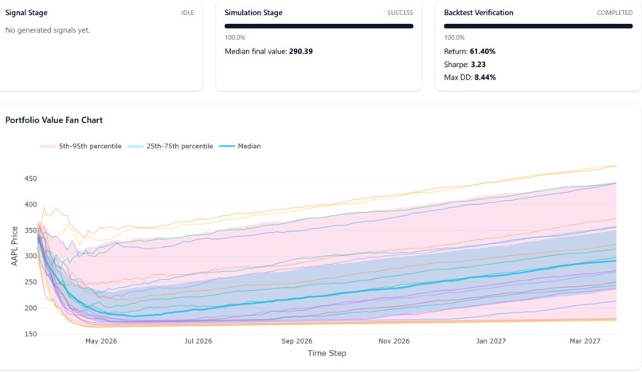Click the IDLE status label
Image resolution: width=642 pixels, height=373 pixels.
pyautogui.click(x=187, y=13)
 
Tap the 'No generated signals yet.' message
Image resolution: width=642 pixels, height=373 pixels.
pyautogui.click(x=47, y=30)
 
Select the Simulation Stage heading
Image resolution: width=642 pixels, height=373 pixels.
pyautogui.click(x=253, y=13)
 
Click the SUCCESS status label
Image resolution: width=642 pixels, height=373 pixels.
pyautogui.click(x=400, y=13)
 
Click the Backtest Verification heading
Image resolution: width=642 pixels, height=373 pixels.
pyautogui.click(x=479, y=13)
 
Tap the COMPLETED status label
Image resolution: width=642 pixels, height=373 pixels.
pyautogui.click(x=614, y=13)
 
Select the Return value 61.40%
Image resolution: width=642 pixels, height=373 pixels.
pyautogui.click(x=480, y=51)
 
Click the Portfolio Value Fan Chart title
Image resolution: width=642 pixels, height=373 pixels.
pyautogui.click(x=54, y=120)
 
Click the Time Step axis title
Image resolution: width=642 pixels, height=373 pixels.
pyautogui.click(x=327, y=353)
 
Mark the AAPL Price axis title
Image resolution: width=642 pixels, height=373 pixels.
pyautogui.click(x=14, y=256)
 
